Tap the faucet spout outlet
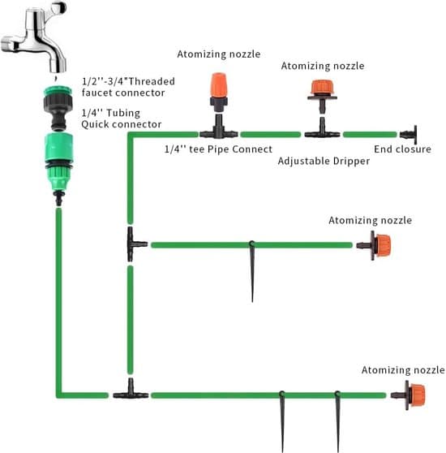[57, 69]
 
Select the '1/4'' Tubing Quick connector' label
[121, 119]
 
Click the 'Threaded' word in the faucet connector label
[152, 81]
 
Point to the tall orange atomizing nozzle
[219, 92]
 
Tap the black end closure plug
[409, 134]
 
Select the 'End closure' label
[402, 149]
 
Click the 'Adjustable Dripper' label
[324, 161]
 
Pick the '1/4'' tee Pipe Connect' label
[218, 149]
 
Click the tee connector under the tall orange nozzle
[219, 129]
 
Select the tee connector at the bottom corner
[131, 390]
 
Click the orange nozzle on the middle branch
[374, 245]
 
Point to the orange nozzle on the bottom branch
[408, 395]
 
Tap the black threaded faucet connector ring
[58, 103]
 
